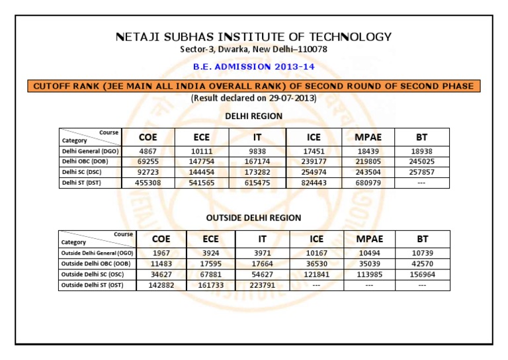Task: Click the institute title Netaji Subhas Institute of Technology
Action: tap(253, 37)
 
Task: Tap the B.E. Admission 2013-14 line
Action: tap(253, 66)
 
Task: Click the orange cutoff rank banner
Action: tap(253, 86)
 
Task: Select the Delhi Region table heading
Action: tap(253, 116)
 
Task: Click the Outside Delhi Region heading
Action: tap(253, 217)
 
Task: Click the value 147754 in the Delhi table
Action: tap(201, 161)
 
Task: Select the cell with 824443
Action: tap(314, 183)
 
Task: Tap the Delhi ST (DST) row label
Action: tap(81, 183)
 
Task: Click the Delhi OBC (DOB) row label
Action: tap(83, 161)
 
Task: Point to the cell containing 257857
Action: tap(421, 172)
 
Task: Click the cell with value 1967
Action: tap(161, 253)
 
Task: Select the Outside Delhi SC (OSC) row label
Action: tap(92, 274)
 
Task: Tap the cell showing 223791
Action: tap(263, 285)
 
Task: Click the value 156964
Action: tap(422, 274)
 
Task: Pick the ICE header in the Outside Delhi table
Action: tap(316, 238)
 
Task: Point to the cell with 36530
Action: tap(316, 263)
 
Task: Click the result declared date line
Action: tap(253, 99)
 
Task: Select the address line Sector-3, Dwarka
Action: tap(253, 50)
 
